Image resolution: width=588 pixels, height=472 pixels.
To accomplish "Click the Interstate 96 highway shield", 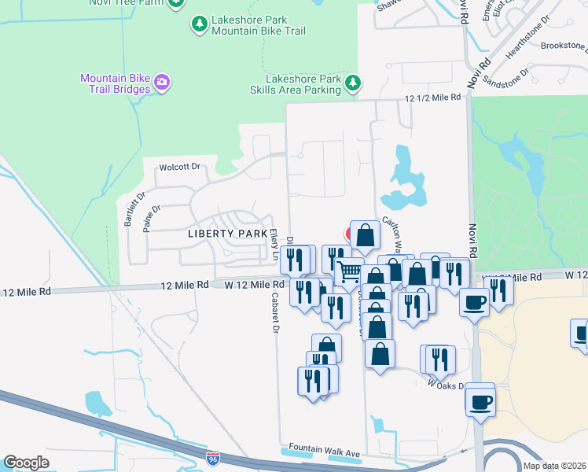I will click(213, 458).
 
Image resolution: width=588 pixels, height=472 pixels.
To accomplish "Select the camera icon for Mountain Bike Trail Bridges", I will click(162, 82).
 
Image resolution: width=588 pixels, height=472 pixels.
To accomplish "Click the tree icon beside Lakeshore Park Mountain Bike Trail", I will click(200, 24).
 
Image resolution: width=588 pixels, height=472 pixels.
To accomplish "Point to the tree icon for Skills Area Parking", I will click(353, 82).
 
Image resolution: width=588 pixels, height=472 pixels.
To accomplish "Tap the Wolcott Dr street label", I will click(181, 167).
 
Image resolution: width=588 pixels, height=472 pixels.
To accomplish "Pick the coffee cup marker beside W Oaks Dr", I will click(480, 401).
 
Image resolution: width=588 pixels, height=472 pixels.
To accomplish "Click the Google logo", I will click(26, 463).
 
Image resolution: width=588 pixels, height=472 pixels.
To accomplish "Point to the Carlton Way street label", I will click(393, 232).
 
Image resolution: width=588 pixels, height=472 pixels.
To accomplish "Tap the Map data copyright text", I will click(553, 466).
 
